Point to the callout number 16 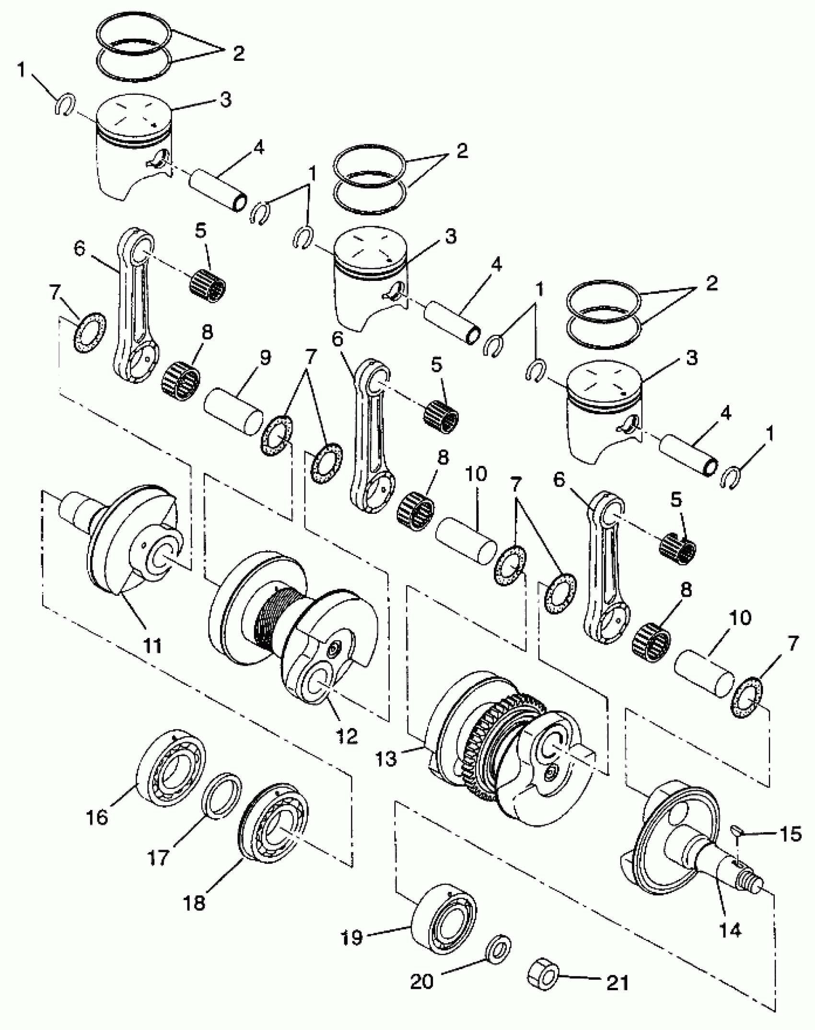pyautogui.click(x=97, y=817)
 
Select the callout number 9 pyautogui.click(x=265, y=357)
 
